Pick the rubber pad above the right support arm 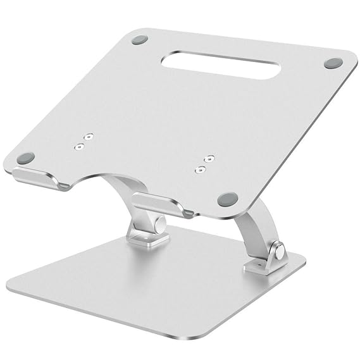227,199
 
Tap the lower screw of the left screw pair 79,146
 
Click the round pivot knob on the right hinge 276,252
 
